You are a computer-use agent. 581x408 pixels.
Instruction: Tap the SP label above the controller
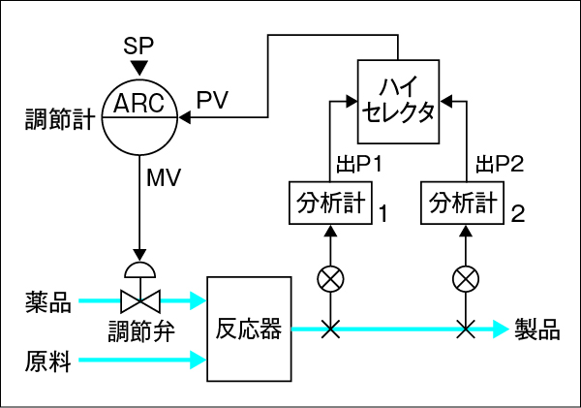[x=138, y=46]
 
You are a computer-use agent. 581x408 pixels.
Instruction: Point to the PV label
[x=212, y=100]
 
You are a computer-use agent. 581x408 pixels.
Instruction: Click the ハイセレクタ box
[x=399, y=101]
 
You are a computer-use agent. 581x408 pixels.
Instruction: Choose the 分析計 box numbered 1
[x=330, y=203]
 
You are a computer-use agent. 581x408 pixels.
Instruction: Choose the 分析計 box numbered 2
[x=464, y=203]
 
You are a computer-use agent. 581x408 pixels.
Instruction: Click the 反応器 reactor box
[x=249, y=330]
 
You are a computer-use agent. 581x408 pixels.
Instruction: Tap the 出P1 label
[x=359, y=165]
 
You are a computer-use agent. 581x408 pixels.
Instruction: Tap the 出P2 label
[x=500, y=165]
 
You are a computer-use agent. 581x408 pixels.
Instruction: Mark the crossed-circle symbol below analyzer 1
[x=330, y=281]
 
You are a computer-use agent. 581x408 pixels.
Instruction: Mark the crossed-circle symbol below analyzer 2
[x=465, y=281]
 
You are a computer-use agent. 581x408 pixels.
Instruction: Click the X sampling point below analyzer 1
[x=330, y=330]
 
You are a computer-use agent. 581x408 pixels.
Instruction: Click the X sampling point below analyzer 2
[x=465, y=330]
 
